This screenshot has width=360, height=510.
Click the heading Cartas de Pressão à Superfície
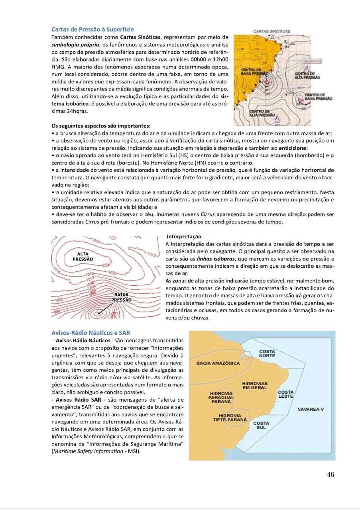coord(92,29)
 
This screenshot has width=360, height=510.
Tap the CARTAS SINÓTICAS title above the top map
coord(271,31)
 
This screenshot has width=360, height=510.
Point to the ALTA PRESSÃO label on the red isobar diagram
coord(83,256)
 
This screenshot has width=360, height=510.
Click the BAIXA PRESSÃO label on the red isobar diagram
coord(121,297)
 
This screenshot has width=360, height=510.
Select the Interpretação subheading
coord(184,237)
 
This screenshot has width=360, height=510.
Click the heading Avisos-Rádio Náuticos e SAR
coord(90,332)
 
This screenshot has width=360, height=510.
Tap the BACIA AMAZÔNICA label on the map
coord(218,363)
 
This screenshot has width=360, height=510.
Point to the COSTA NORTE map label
coord(267,353)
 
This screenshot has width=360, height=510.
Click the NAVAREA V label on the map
coord(311,409)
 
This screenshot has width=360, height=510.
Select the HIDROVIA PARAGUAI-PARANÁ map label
coord(220,398)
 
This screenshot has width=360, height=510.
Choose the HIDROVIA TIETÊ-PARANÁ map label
coord(230,418)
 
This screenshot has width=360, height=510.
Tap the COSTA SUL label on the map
coord(261,425)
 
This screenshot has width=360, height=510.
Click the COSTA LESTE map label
coord(285,394)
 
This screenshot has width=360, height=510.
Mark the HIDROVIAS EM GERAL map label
coord(255,385)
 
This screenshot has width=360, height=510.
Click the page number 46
coord(330,474)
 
